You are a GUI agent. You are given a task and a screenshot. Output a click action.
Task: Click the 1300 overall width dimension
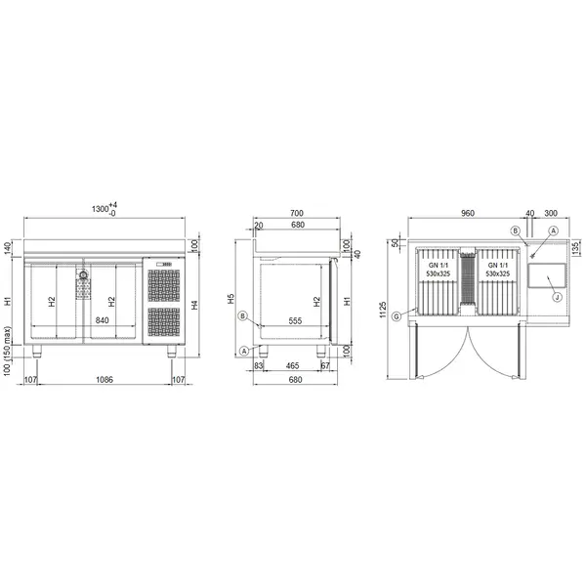pyautogui.click(x=100, y=210)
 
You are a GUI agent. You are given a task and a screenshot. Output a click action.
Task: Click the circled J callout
pyautogui.click(x=555, y=296)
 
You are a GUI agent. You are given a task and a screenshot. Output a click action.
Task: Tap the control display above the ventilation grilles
pyautogui.click(x=163, y=264)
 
